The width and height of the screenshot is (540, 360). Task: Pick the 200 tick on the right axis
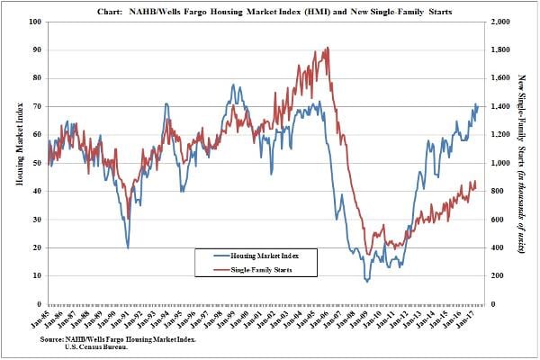coord(496,275)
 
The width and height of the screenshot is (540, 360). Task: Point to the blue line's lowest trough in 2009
coord(366,282)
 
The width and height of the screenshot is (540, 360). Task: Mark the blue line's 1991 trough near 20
coord(127,247)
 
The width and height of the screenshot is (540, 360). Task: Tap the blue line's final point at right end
coord(477,105)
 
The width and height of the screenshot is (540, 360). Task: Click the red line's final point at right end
coord(477,184)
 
